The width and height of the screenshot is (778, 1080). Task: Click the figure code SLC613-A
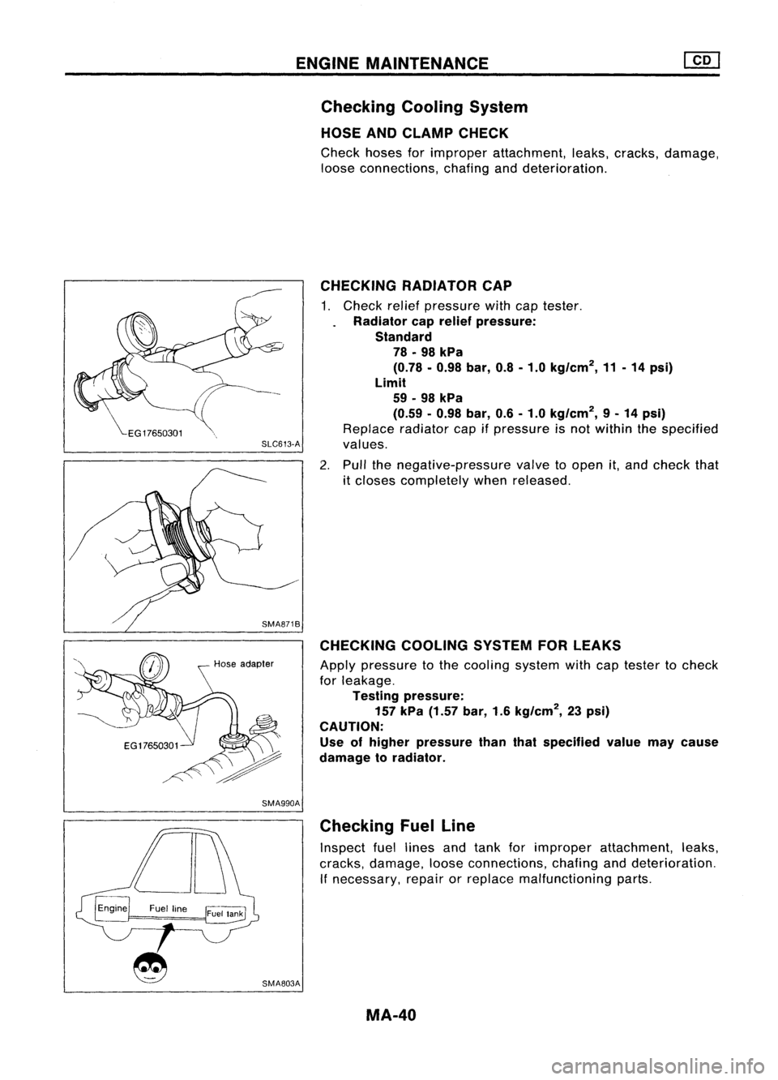click(280, 443)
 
